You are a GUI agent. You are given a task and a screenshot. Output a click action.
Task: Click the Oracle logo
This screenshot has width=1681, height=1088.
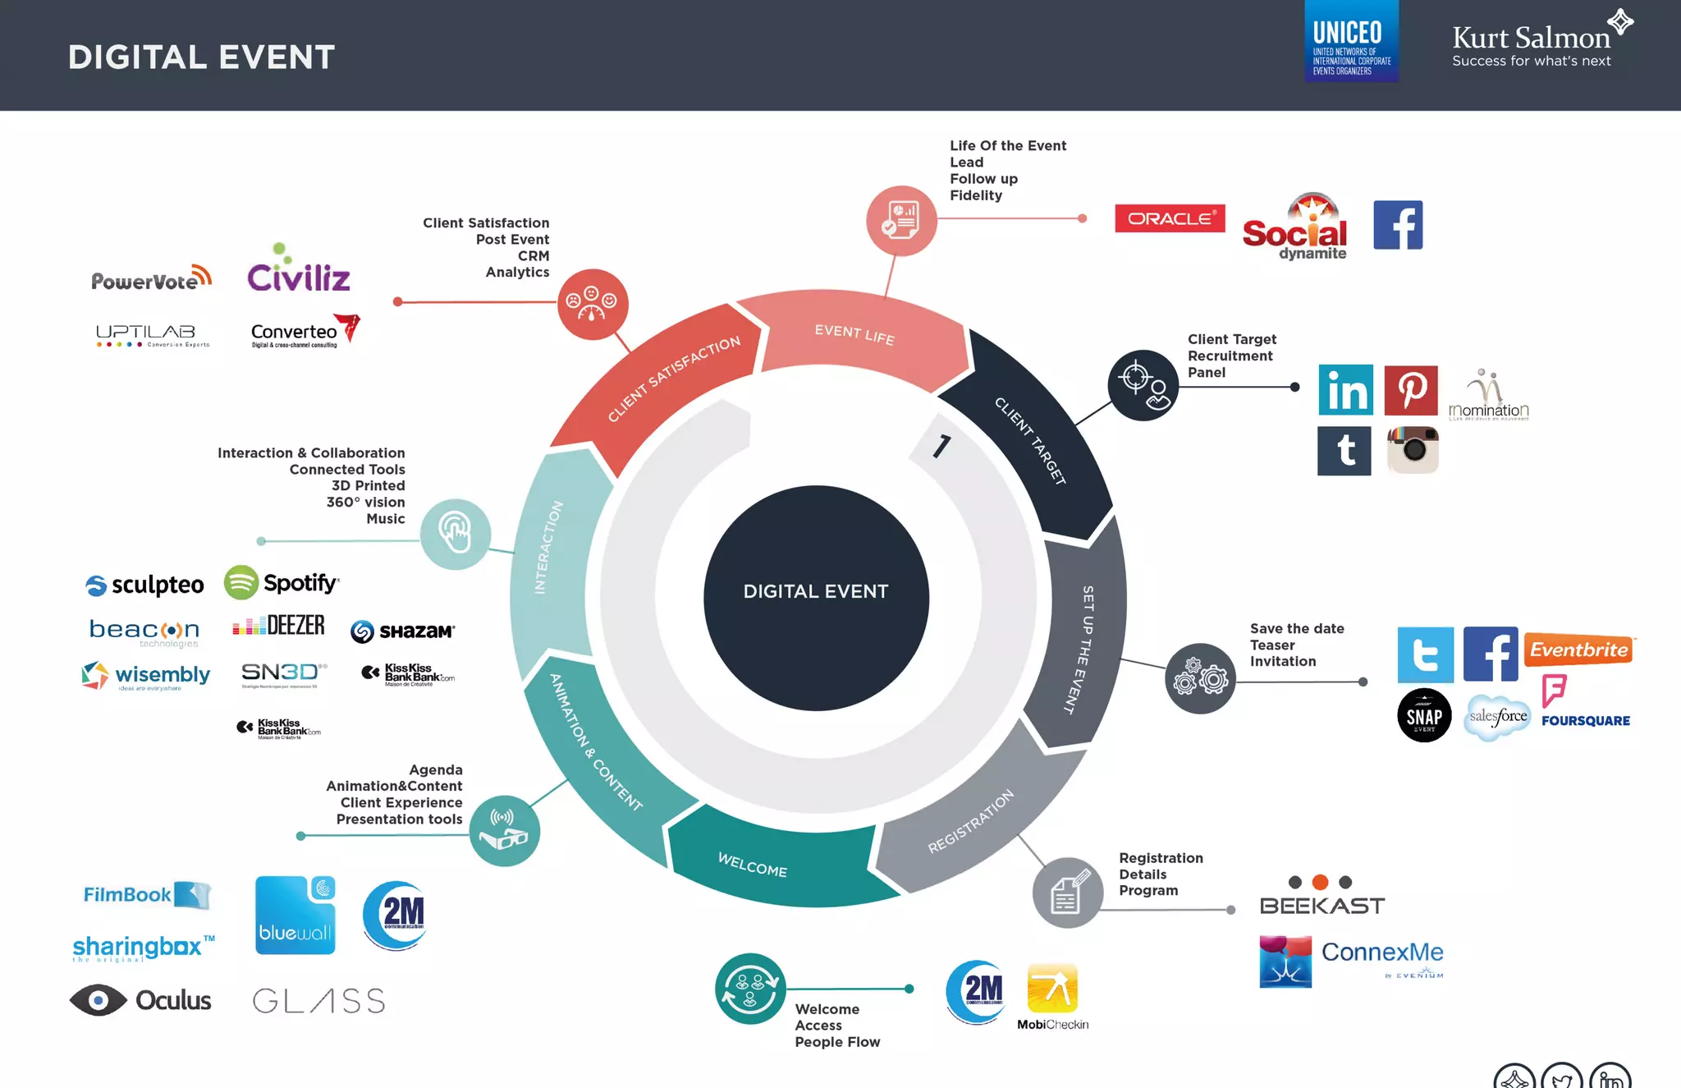pyautogui.click(x=1170, y=218)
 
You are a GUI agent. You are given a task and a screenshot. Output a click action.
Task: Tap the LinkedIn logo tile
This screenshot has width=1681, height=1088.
pyautogui.click(x=1345, y=390)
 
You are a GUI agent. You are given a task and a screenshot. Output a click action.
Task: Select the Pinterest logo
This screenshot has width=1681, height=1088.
pyautogui.click(x=1411, y=390)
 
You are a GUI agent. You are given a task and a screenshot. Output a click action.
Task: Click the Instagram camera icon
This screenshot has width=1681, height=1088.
pyautogui.click(x=1413, y=450)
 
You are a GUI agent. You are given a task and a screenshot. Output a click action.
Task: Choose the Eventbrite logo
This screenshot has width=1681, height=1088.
pyautogui.click(x=1578, y=650)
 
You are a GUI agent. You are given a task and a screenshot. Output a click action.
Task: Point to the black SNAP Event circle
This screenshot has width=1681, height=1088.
pyautogui.click(x=1424, y=715)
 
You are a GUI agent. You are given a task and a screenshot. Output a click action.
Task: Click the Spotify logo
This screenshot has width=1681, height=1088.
pyautogui.click(x=282, y=583)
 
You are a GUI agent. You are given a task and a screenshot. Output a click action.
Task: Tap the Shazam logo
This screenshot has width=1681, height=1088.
pyautogui.click(x=402, y=631)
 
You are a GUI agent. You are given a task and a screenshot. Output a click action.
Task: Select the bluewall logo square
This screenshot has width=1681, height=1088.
pyautogui.click(x=295, y=915)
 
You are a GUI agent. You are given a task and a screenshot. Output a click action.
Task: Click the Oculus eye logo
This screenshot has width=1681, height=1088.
pyautogui.click(x=140, y=1000)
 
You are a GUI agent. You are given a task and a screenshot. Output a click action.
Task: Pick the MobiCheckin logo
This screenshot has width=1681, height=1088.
pyautogui.click(x=1052, y=996)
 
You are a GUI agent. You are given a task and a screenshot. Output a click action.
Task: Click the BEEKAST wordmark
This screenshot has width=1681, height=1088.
pyautogui.click(x=1322, y=905)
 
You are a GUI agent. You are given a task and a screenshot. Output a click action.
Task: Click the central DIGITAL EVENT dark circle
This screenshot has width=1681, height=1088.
pyautogui.click(x=816, y=598)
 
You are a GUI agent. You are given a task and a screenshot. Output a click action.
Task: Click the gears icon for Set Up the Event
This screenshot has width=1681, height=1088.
pyautogui.click(x=1200, y=678)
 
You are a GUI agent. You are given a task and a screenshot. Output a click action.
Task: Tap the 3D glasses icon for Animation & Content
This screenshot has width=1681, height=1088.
pyautogui.click(x=504, y=830)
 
